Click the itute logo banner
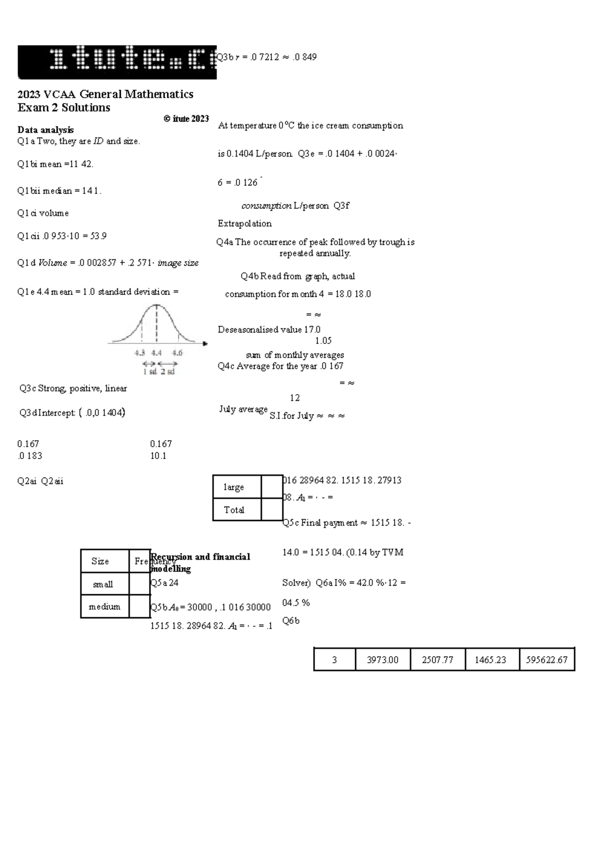pyautogui.click(x=117, y=62)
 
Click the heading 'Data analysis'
pyautogui.click(x=46, y=129)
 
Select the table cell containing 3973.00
pyautogui.click(x=383, y=660)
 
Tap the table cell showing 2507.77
pyautogui.click(x=437, y=660)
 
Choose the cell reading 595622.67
pyautogui.click(x=546, y=660)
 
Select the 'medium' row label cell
pyautogui.click(x=104, y=606)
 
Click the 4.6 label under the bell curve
pyautogui.click(x=177, y=353)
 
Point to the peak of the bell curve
pyautogui.click(x=157, y=306)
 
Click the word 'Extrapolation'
pyautogui.click(x=245, y=223)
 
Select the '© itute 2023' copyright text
pyautogui.click(x=186, y=119)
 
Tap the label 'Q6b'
pyautogui.click(x=291, y=621)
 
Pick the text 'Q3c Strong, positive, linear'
pyautogui.click(x=73, y=388)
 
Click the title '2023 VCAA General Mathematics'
pyautogui.click(x=105, y=94)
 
